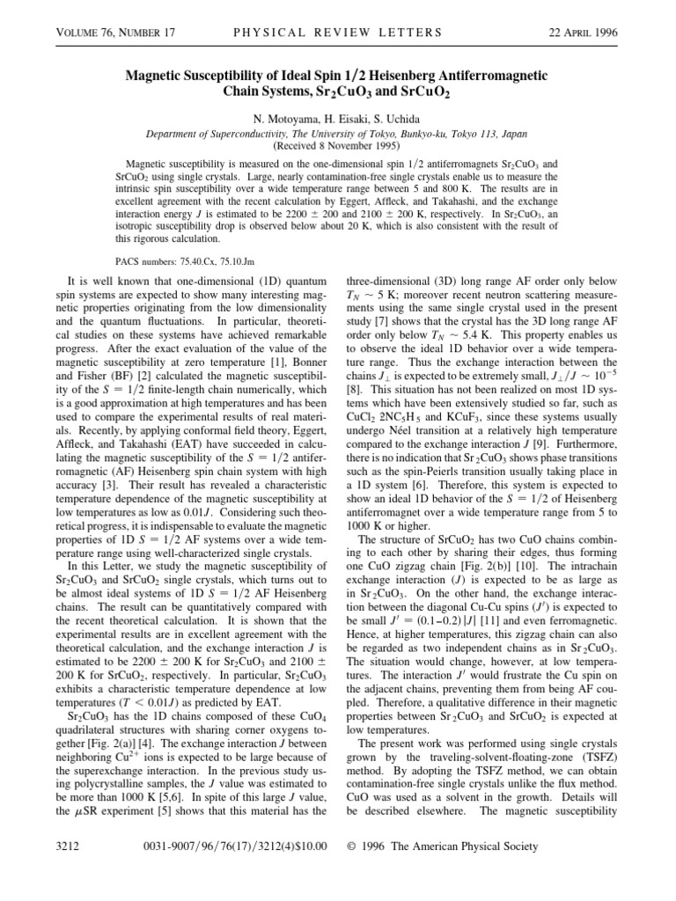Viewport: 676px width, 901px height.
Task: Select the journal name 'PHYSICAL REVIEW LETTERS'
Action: click(337, 33)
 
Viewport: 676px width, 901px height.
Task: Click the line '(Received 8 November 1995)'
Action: click(337, 145)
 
